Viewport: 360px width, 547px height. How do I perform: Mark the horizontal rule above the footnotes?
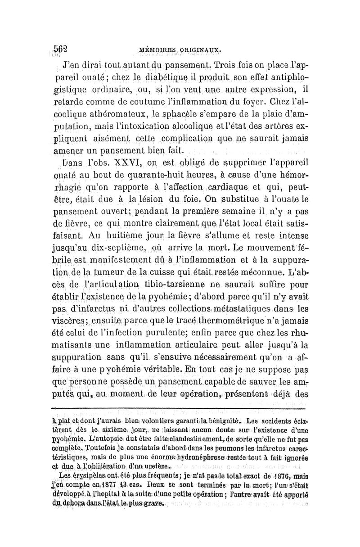180,408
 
